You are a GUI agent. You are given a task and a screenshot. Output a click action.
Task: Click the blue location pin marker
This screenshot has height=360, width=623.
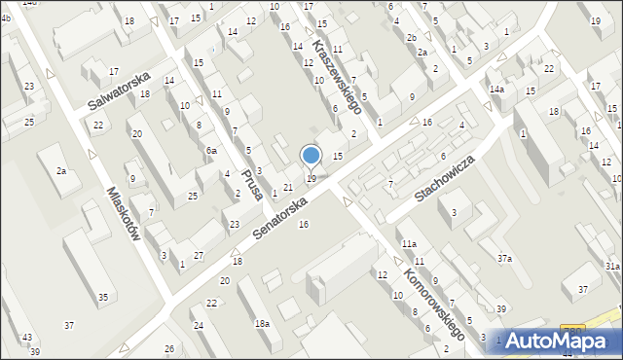(x=311, y=156)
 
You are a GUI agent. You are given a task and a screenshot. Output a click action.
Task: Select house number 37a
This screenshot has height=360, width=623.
(x=504, y=258)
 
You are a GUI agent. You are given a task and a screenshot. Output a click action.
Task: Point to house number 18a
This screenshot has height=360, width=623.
(x=262, y=323)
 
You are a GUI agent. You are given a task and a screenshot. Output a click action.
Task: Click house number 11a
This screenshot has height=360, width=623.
(x=409, y=244)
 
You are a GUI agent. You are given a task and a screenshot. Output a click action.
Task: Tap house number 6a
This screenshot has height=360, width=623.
(x=211, y=151)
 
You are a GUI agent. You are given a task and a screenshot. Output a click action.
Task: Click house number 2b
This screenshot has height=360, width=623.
(x=411, y=37)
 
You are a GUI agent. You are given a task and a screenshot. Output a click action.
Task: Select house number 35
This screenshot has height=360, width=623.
(x=103, y=297)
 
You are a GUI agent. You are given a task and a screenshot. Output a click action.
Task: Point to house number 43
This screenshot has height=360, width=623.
(x=26, y=338)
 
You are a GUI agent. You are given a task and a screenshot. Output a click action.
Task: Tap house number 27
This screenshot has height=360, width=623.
(x=199, y=255)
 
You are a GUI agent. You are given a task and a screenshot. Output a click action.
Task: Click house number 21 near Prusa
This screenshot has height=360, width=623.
(x=288, y=187)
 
